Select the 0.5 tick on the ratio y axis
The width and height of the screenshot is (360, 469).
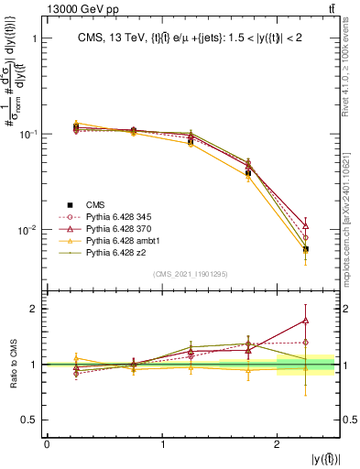click(x=30, y=420)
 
